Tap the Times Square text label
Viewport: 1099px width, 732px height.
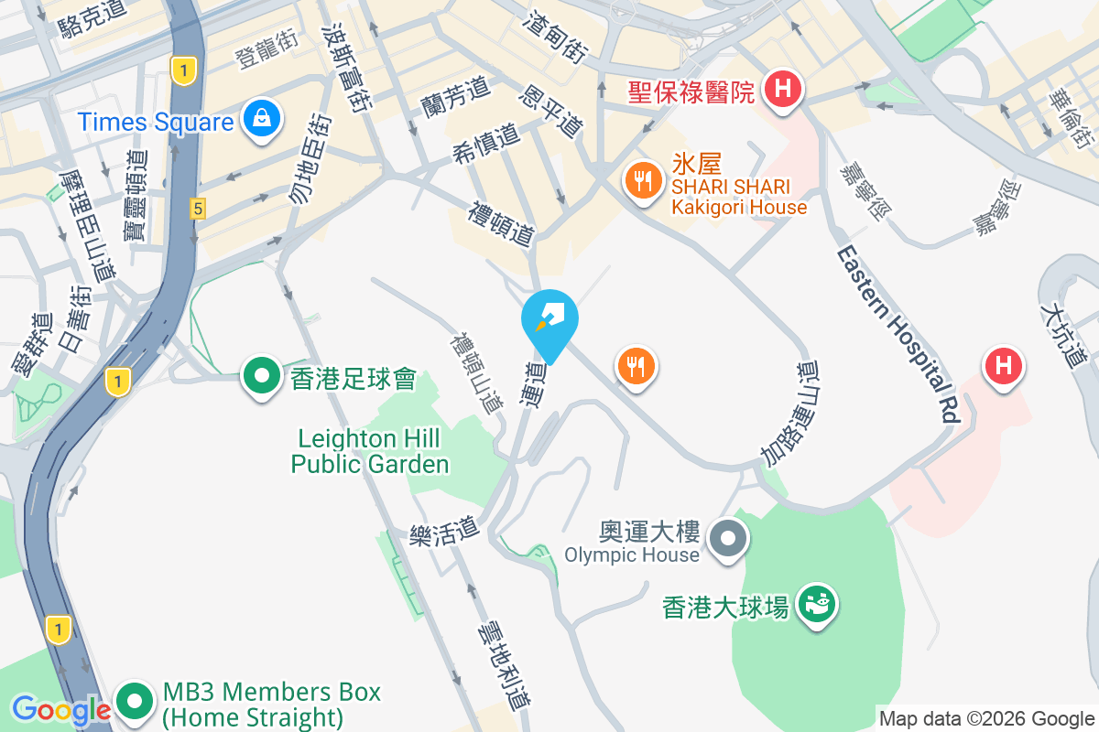(x=156, y=122)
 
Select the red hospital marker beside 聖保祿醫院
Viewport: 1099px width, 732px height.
(x=783, y=91)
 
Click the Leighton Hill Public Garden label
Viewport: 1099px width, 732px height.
(x=370, y=452)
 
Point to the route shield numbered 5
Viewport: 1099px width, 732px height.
(x=198, y=210)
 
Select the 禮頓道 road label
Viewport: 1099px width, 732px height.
(x=501, y=224)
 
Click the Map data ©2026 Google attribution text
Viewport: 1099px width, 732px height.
(x=987, y=719)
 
